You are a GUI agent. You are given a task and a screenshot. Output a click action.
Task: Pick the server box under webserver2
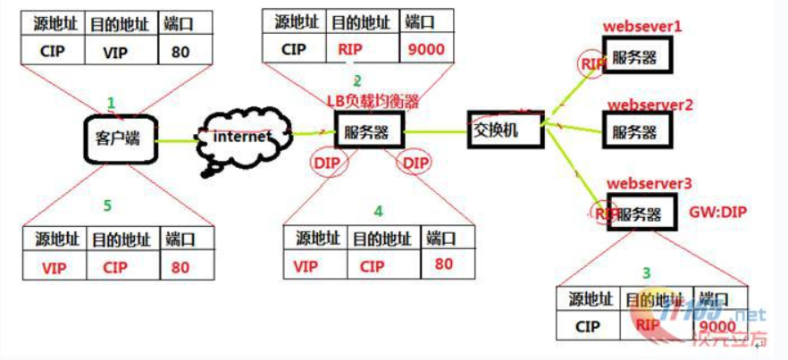(636, 130)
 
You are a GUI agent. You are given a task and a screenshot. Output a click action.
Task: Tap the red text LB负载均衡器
(373, 102)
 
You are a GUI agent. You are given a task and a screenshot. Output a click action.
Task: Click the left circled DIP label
(327, 163)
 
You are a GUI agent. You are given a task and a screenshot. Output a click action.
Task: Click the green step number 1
(112, 103)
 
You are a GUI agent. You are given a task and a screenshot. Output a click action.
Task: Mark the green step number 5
(107, 206)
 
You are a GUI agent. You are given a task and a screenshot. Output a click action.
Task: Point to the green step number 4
(378, 212)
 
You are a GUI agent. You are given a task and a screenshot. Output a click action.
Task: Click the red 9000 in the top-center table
(427, 49)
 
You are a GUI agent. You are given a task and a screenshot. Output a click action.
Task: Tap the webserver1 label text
(642, 27)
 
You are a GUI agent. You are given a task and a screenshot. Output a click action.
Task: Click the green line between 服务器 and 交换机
(436, 133)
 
